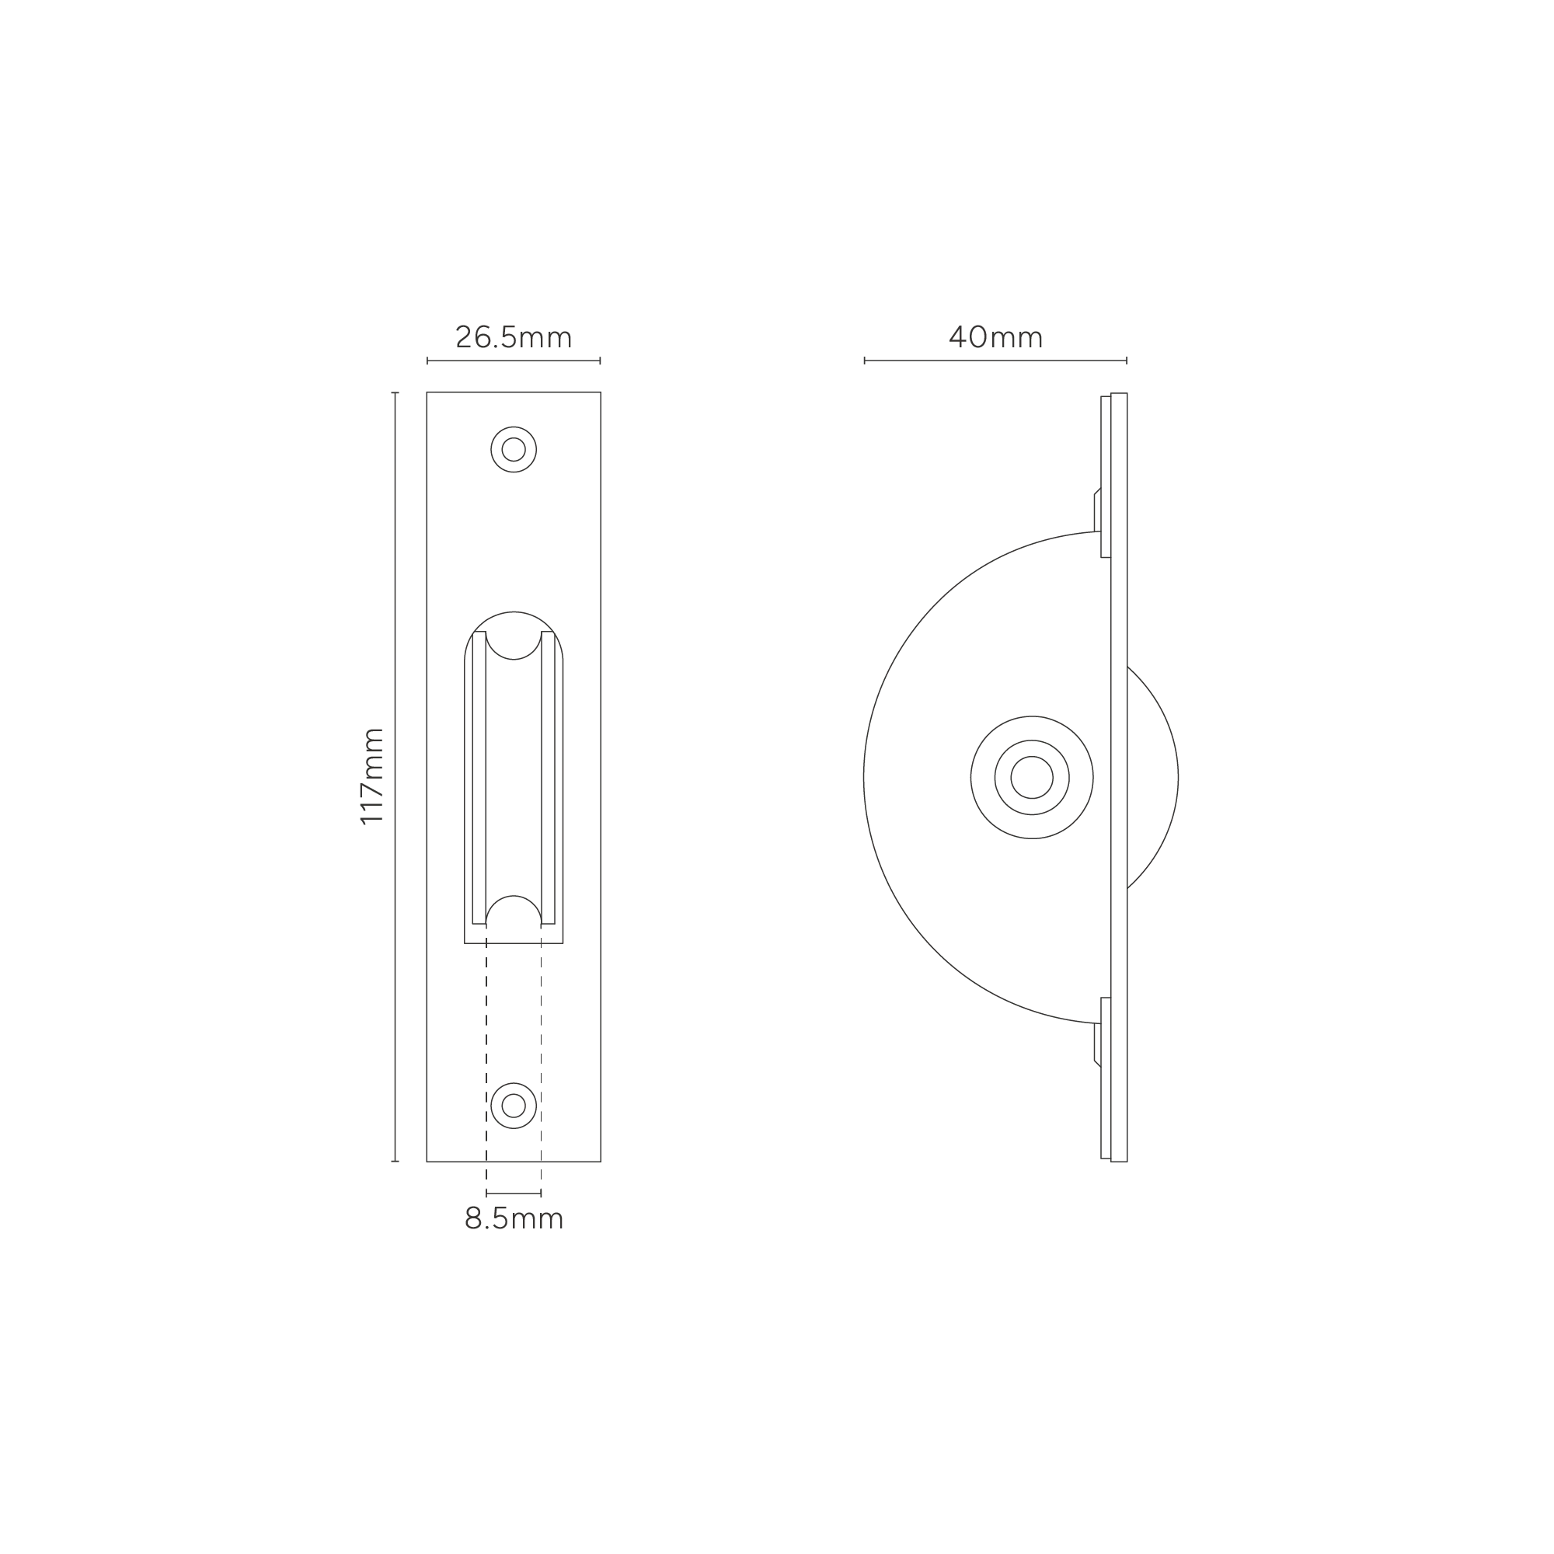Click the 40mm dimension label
point(995,337)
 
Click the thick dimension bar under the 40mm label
point(995,361)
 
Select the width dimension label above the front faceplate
point(512,337)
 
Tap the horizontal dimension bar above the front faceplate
point(512,361)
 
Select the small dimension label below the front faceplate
point(513,1220)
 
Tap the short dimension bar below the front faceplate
point(516,1192)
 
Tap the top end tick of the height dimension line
point(394,394)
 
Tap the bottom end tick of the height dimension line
point(394,1159)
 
